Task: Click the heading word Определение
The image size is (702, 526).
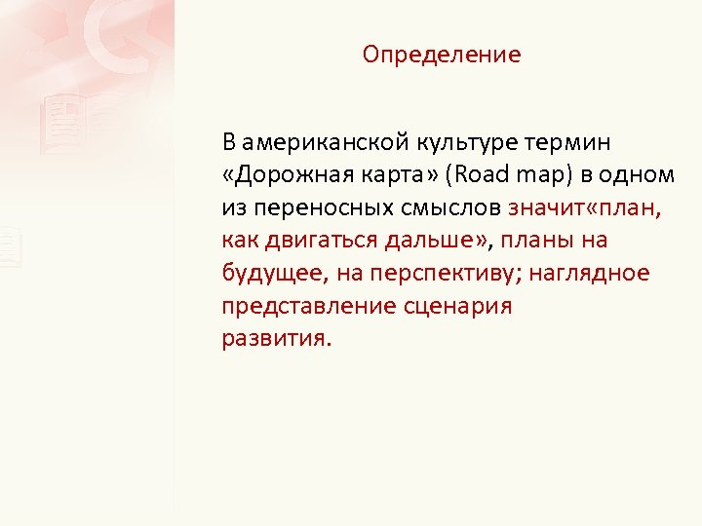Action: [x=442, y=55]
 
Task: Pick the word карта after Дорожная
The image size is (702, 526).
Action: [x=391, y=175]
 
